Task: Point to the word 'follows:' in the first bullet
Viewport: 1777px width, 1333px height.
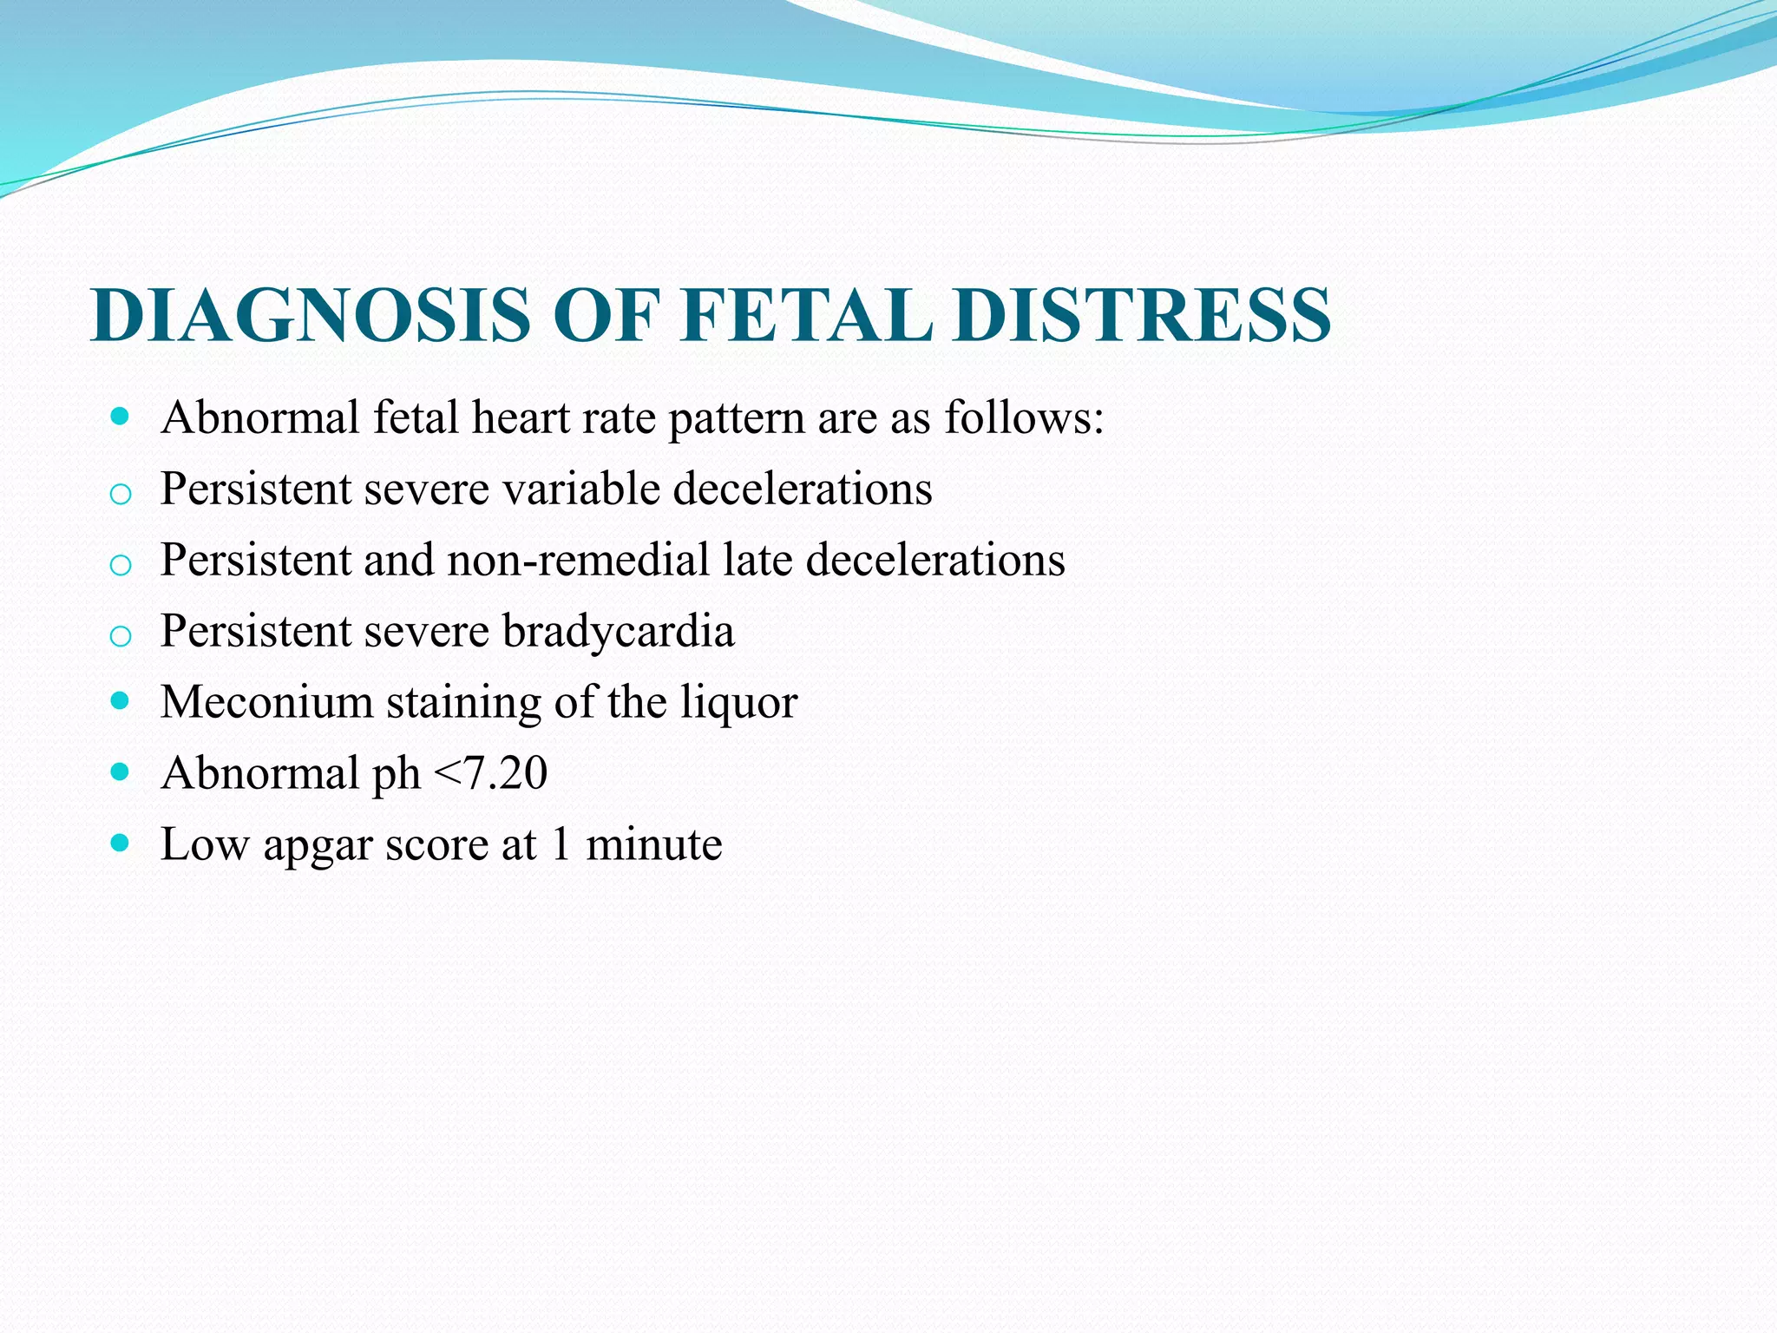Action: point(1024,417)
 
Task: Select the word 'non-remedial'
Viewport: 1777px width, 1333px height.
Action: point(579,560)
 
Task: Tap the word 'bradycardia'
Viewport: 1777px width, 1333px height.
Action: point(619,631)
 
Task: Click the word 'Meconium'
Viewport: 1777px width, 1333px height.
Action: point(266,702)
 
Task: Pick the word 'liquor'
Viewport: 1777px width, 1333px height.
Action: point(738,704)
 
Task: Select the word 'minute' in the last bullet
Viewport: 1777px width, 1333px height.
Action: point(654,844)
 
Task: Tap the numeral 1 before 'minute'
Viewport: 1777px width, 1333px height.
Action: point(561,844)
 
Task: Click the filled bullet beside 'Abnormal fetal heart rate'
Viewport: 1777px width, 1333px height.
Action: point(121,417)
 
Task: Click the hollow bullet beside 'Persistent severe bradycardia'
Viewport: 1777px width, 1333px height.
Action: point(121,636)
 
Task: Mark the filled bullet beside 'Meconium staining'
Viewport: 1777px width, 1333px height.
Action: point(121,701)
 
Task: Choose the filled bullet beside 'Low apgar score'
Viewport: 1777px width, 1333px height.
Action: point(121,844)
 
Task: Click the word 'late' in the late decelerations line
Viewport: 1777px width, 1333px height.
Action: point(757,560)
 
